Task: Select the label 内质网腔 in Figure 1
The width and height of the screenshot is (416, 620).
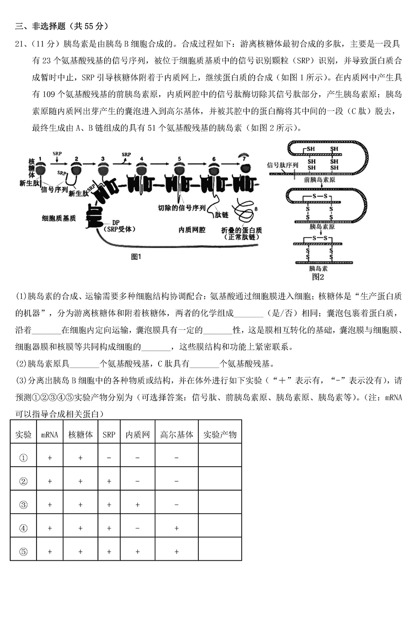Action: (x=191, y=230)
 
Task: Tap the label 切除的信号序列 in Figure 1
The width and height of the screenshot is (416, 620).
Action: (x=182, y=208)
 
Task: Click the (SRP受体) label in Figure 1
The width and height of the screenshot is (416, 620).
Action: (x=117, y=229)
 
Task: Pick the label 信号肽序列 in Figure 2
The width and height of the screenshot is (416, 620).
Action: (x=282, y=165)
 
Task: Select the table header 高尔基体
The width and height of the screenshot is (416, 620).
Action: (x=177, y=435)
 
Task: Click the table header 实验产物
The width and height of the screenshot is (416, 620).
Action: (x=220, y=435)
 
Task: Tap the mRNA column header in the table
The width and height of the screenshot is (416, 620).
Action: (x=49, y=435)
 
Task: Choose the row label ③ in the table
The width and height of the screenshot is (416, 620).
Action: (x=24, y=505)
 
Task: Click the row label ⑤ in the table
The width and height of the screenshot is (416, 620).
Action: (x=24, y=552)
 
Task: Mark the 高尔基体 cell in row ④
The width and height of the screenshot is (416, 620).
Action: (x=177, y=528)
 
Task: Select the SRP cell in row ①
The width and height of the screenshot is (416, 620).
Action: (x=109, y=458)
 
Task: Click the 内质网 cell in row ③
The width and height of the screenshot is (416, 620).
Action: (x=137, y=505)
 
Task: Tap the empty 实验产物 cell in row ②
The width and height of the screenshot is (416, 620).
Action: (x=220, y=481)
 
